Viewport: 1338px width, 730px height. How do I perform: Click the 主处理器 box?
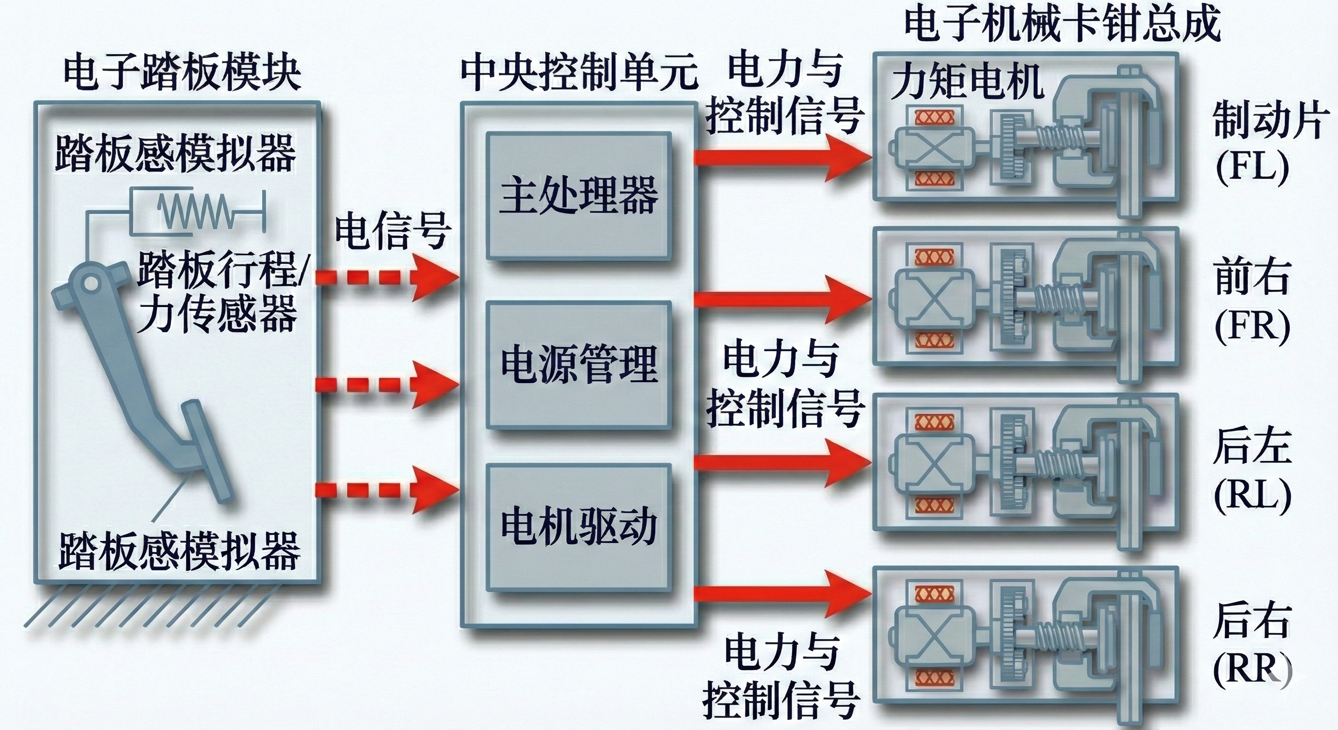coord(579,196)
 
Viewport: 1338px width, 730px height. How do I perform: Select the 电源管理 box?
coord(579,365)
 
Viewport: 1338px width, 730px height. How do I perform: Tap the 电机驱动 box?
coord(579,528)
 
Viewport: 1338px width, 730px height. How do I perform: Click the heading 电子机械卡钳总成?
coord(1062,23)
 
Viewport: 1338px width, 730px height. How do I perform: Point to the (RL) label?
coord(1252,496)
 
